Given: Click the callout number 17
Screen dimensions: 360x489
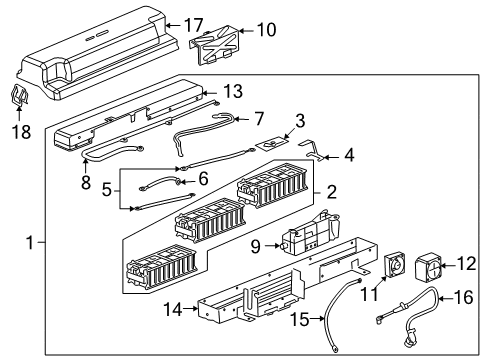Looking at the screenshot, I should [x=193, y=23].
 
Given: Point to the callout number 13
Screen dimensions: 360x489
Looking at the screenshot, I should [x=232, y=92].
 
